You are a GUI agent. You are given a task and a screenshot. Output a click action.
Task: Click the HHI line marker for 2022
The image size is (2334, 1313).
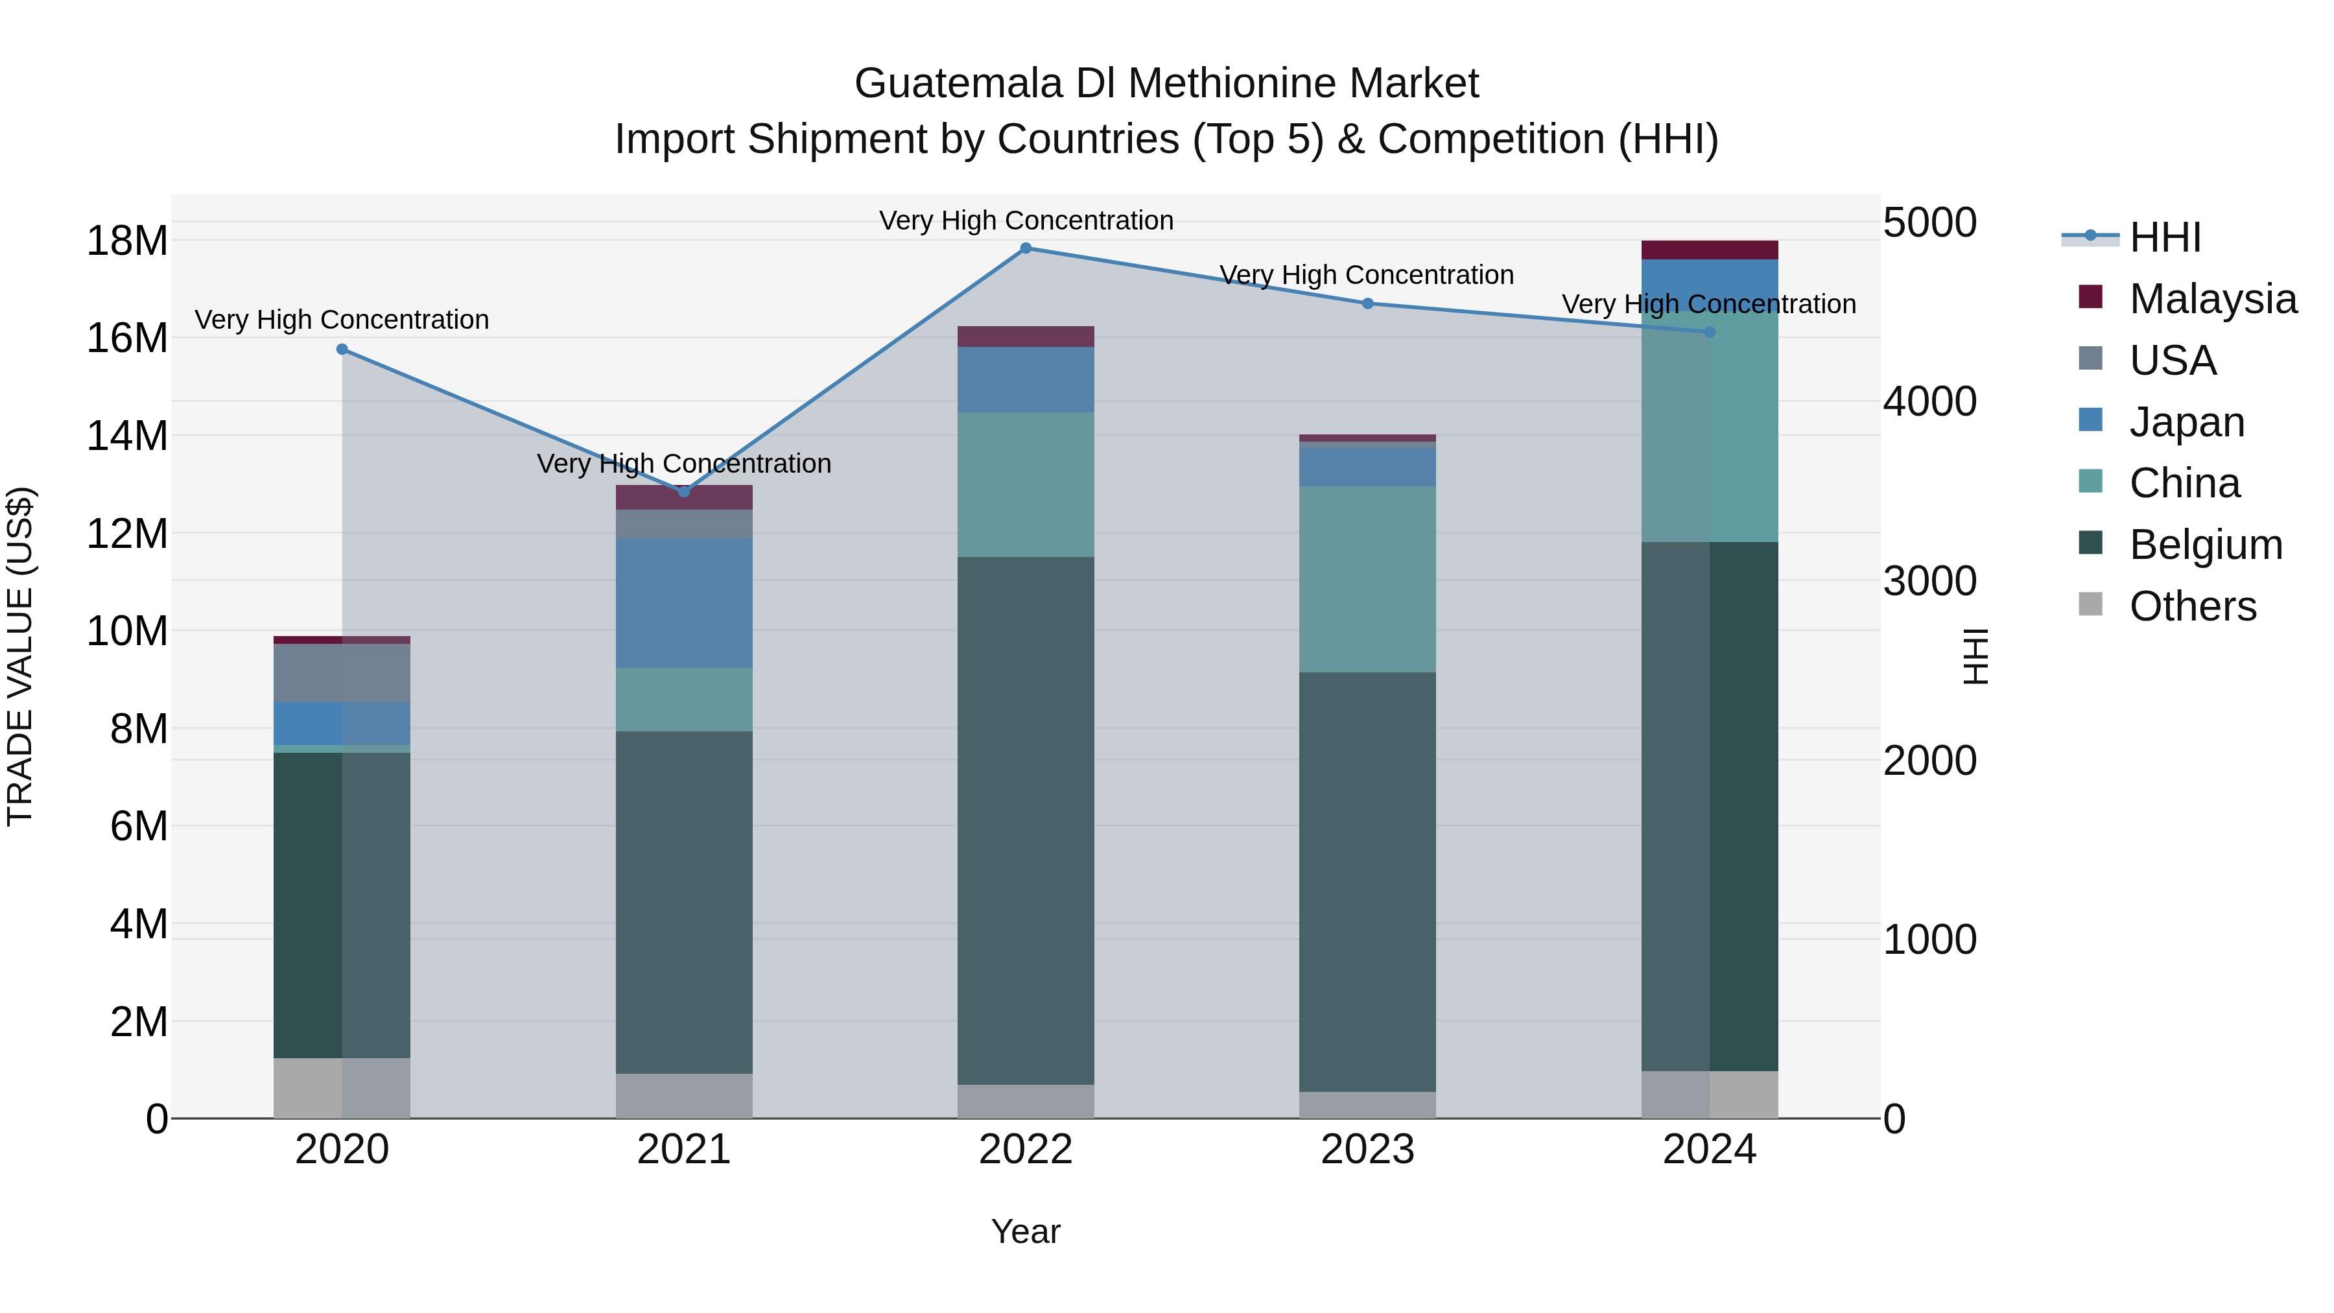pos(1026,248)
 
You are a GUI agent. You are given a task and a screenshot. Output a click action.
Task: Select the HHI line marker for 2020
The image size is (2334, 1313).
pos(342,349)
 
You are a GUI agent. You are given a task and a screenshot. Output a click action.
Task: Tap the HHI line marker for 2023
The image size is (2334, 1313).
pos(1368,303)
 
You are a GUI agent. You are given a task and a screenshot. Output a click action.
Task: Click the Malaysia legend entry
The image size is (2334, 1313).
pos(2211,299)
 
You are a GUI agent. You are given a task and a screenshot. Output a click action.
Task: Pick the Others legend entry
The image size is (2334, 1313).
pos(2192,607)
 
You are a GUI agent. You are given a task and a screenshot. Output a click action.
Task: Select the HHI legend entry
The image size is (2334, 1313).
pos(2165,237)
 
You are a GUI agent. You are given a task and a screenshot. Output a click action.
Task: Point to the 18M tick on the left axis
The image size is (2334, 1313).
pos(127,241)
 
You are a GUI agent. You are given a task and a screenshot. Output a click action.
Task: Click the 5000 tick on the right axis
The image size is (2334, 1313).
pos(1930,223)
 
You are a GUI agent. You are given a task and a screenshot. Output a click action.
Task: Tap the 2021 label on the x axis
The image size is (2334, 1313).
pos(684,1150)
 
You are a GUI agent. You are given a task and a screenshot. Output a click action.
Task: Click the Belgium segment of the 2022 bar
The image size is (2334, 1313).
pos(1026,820)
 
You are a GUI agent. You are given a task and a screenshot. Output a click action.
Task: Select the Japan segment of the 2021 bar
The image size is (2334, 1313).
pos(684,602)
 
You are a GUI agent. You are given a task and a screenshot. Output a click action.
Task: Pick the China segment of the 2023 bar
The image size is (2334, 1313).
pos(1368,579)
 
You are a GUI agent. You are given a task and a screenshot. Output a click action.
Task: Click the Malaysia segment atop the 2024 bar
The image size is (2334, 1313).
pos(1710,250)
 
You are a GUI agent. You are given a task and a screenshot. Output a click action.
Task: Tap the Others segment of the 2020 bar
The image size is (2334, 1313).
pos(342,1087)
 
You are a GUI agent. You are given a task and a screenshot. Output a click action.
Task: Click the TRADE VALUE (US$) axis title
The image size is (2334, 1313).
pos(20,656)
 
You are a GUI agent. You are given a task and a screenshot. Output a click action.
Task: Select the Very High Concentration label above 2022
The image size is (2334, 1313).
pos(1026,220)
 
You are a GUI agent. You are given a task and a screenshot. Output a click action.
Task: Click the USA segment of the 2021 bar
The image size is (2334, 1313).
pos(684,524)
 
